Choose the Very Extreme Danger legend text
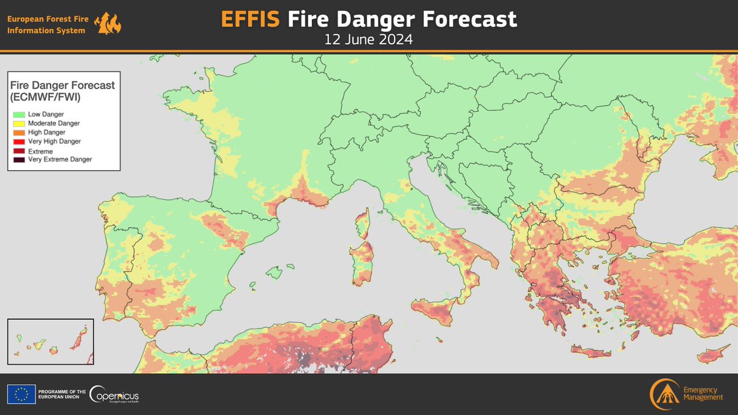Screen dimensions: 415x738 60,160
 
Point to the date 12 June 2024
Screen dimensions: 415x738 368,40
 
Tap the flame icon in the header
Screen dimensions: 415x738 109,24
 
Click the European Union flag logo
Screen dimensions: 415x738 21,393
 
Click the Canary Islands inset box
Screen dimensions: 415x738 50,341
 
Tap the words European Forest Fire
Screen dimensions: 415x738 47,19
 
